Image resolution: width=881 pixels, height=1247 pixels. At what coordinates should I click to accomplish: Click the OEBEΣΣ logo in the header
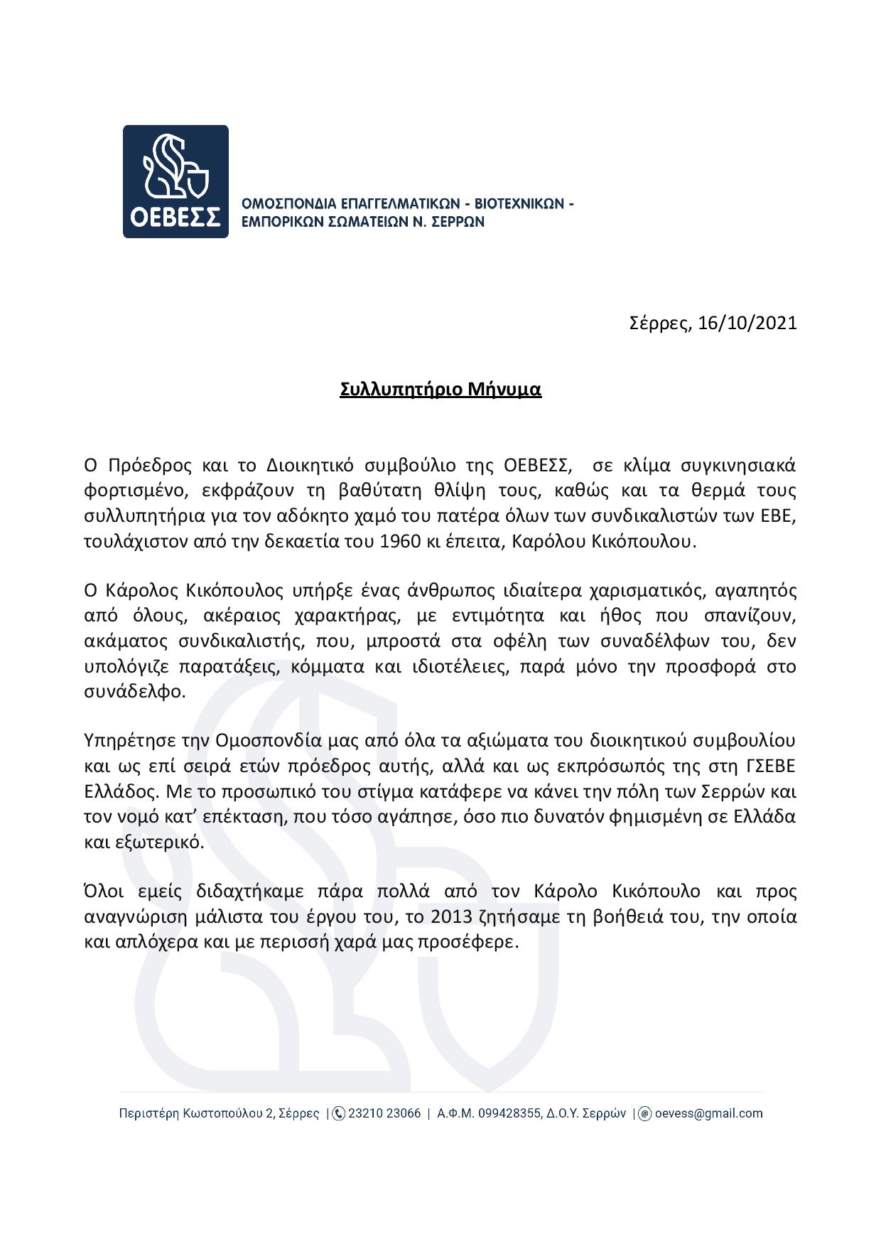[175, 181]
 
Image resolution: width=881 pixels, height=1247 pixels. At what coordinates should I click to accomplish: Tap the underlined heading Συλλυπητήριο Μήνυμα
[440, 390]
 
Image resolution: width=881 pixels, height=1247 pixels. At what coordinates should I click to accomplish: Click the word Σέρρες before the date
[660, 324]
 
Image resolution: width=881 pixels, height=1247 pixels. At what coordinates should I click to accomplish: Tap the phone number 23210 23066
[384, 1113]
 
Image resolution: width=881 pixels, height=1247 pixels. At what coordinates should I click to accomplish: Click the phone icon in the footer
[339, 1113]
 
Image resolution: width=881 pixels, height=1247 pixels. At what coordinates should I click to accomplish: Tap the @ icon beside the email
[645, 1113]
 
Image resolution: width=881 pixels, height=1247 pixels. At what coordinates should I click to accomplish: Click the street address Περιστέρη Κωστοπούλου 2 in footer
[191, 1113]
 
